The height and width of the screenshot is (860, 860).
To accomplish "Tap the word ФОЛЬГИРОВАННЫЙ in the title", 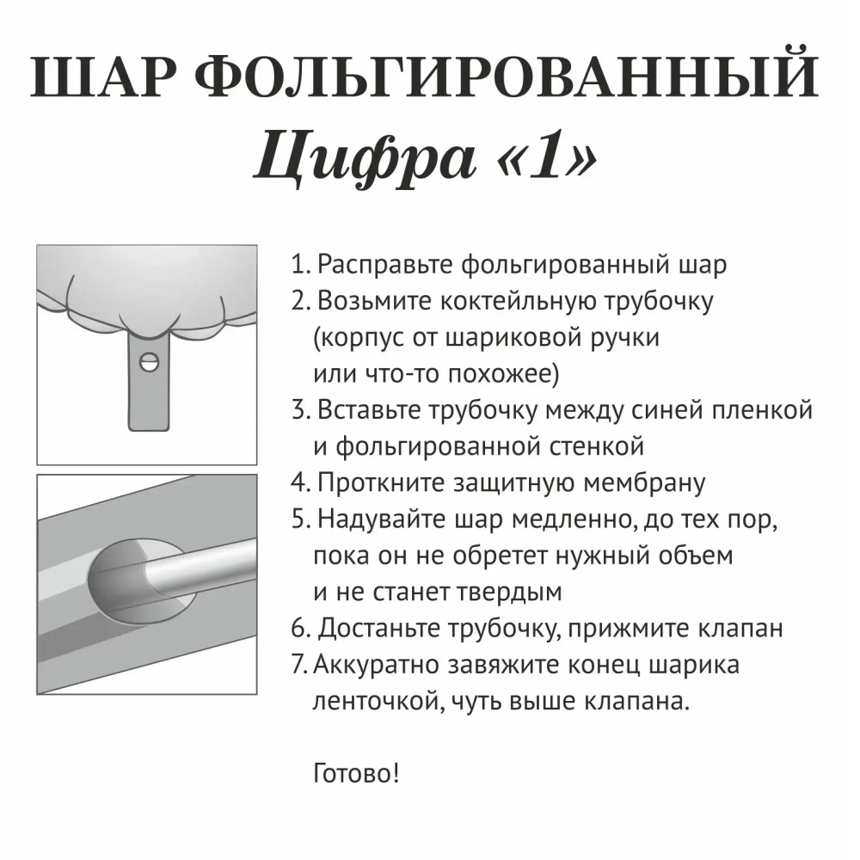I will pyautogui.click(x=513, y=80).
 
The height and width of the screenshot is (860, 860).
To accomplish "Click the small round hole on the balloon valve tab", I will pyautogui.click(x=150, y=362).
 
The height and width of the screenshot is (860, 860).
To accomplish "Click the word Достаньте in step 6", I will pyautogui.click(x=379, y=629).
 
